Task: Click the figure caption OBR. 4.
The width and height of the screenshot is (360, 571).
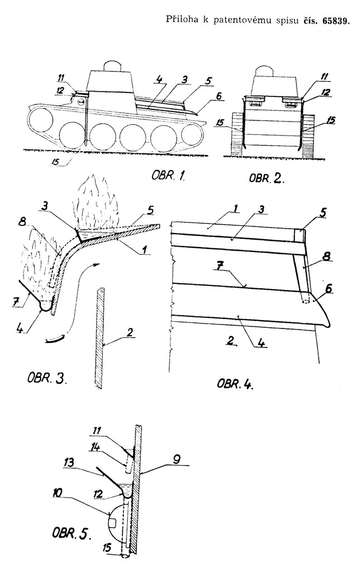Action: coord(235,384)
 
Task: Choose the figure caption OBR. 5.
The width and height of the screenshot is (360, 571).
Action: coord(71,534)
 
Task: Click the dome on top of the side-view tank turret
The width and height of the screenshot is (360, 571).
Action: coord(114,66)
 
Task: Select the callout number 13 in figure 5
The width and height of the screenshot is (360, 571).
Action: coord(69,462)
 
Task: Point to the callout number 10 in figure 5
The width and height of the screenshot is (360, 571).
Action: coord(57,493)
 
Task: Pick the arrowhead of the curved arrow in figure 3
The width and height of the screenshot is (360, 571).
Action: coord(98,264)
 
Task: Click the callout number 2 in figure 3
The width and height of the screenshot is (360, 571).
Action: coord(130,332)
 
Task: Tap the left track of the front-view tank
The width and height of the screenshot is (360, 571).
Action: coord(237,136)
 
